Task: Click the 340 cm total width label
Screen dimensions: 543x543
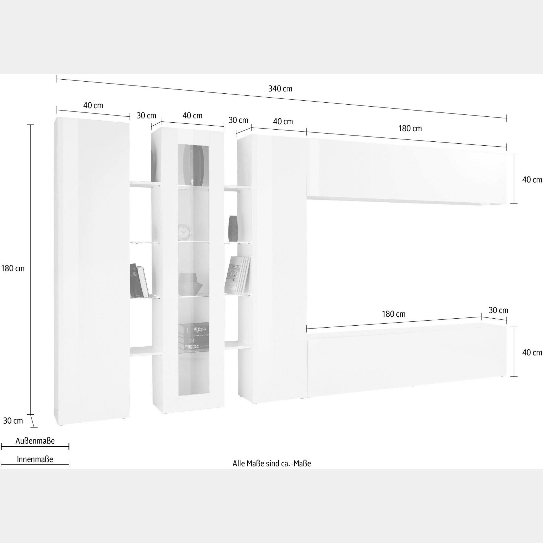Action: click(x=280, y=88)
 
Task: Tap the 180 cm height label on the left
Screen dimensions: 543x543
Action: click(x=13, y=268)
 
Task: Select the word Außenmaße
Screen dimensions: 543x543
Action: click(x=35, y=441)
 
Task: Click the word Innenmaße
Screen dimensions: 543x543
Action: click(x=35, y=459)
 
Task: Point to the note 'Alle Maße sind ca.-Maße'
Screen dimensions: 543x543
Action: click(x=272, y=463)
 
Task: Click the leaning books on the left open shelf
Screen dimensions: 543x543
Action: click(x=139, y=281)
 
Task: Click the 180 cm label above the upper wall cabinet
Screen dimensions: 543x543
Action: click(x=410, y=128)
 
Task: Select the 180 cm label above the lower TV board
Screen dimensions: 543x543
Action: click(x=394, y=314)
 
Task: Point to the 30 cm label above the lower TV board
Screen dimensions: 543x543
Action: click(x=498, y=310)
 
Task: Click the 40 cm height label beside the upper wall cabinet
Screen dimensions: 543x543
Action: click(x=532, y=180)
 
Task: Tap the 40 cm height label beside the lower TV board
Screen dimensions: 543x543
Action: click(x=532, y=352)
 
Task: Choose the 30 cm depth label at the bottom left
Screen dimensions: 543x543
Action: click(x=13, y=420)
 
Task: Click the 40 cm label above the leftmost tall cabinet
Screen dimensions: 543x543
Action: click(x=93, y=105)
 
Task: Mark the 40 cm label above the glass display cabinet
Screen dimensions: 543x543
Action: click(x=192, y=115)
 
